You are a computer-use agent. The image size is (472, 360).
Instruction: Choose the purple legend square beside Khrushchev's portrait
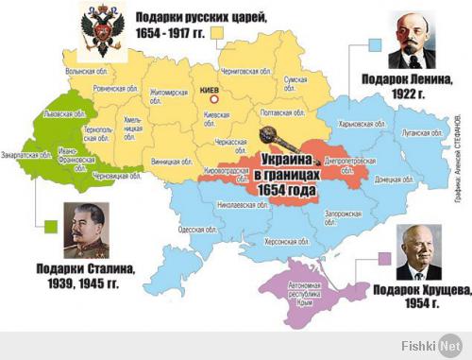coord(384,256)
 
